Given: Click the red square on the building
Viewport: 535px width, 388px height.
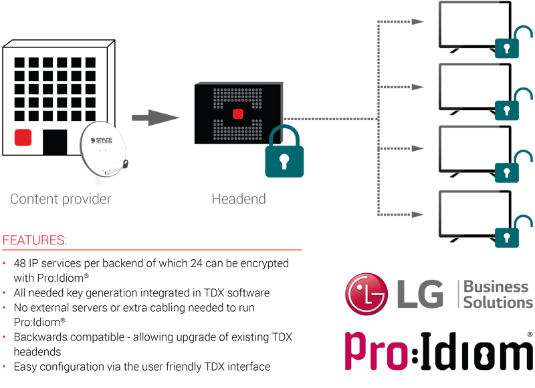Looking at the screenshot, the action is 23,138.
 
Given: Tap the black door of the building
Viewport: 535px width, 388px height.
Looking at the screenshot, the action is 55,142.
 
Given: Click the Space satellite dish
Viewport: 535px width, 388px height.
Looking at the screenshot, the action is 104,150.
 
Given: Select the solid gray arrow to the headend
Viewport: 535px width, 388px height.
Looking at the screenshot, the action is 155,118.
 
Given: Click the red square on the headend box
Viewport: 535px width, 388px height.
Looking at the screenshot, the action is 238,114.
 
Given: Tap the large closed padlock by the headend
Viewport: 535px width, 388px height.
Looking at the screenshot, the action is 284,151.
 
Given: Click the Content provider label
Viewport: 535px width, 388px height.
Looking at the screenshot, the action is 61,199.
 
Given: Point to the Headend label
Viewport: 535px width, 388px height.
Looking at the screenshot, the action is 239,199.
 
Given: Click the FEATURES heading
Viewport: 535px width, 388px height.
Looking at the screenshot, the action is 35,240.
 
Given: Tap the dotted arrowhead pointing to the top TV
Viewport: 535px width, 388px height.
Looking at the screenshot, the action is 417,22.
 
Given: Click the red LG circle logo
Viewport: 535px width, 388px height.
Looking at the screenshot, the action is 366,294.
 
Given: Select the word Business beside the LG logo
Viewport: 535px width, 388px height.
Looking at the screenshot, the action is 496,286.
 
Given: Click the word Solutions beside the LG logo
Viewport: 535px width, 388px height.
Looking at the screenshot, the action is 498,302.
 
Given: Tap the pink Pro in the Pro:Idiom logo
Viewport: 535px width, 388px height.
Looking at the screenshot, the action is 377,351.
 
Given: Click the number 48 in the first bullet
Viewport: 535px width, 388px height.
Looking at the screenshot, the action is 20,263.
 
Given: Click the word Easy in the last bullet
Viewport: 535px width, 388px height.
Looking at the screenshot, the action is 25,367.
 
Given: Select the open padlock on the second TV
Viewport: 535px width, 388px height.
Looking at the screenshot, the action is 512,104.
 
